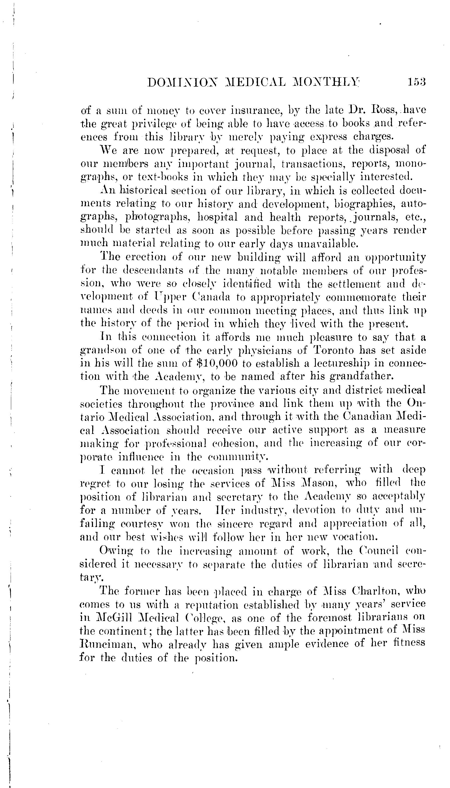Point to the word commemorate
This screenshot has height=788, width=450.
[365, 297]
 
